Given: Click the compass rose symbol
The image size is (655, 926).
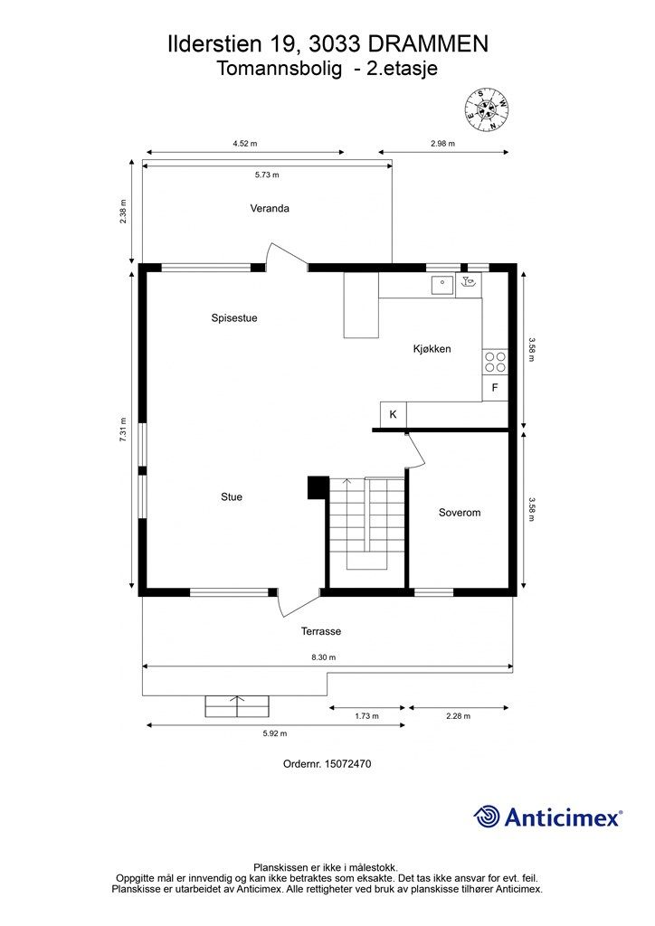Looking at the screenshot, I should [487, 109].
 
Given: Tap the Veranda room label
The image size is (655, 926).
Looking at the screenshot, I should [270, 208].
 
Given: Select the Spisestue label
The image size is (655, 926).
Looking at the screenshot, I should [234, 317].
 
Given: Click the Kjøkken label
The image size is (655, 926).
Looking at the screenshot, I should [432, 348].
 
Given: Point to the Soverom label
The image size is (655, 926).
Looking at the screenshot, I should [459, 512].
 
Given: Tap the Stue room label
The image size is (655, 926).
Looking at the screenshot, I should [232, 496].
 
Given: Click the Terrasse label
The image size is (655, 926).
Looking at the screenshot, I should [321, 631].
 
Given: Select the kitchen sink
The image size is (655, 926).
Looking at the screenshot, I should [442, 285].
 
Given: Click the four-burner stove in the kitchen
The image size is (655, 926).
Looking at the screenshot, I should [495, 362].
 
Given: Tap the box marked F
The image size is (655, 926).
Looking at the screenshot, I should [495, 388].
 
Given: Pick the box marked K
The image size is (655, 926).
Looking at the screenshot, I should [394, 414].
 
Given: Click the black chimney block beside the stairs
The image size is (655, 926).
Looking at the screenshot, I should [317, 487].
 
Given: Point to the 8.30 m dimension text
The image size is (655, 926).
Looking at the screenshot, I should [323, 657].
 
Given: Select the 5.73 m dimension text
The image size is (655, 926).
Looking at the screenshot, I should [267, 175].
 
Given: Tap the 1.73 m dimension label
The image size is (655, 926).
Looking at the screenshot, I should [365, 716].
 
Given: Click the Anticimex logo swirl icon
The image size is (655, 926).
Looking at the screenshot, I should [487, 817].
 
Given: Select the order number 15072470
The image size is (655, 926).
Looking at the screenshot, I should [327, 763].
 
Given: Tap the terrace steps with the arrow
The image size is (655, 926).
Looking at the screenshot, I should [238, 705].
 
